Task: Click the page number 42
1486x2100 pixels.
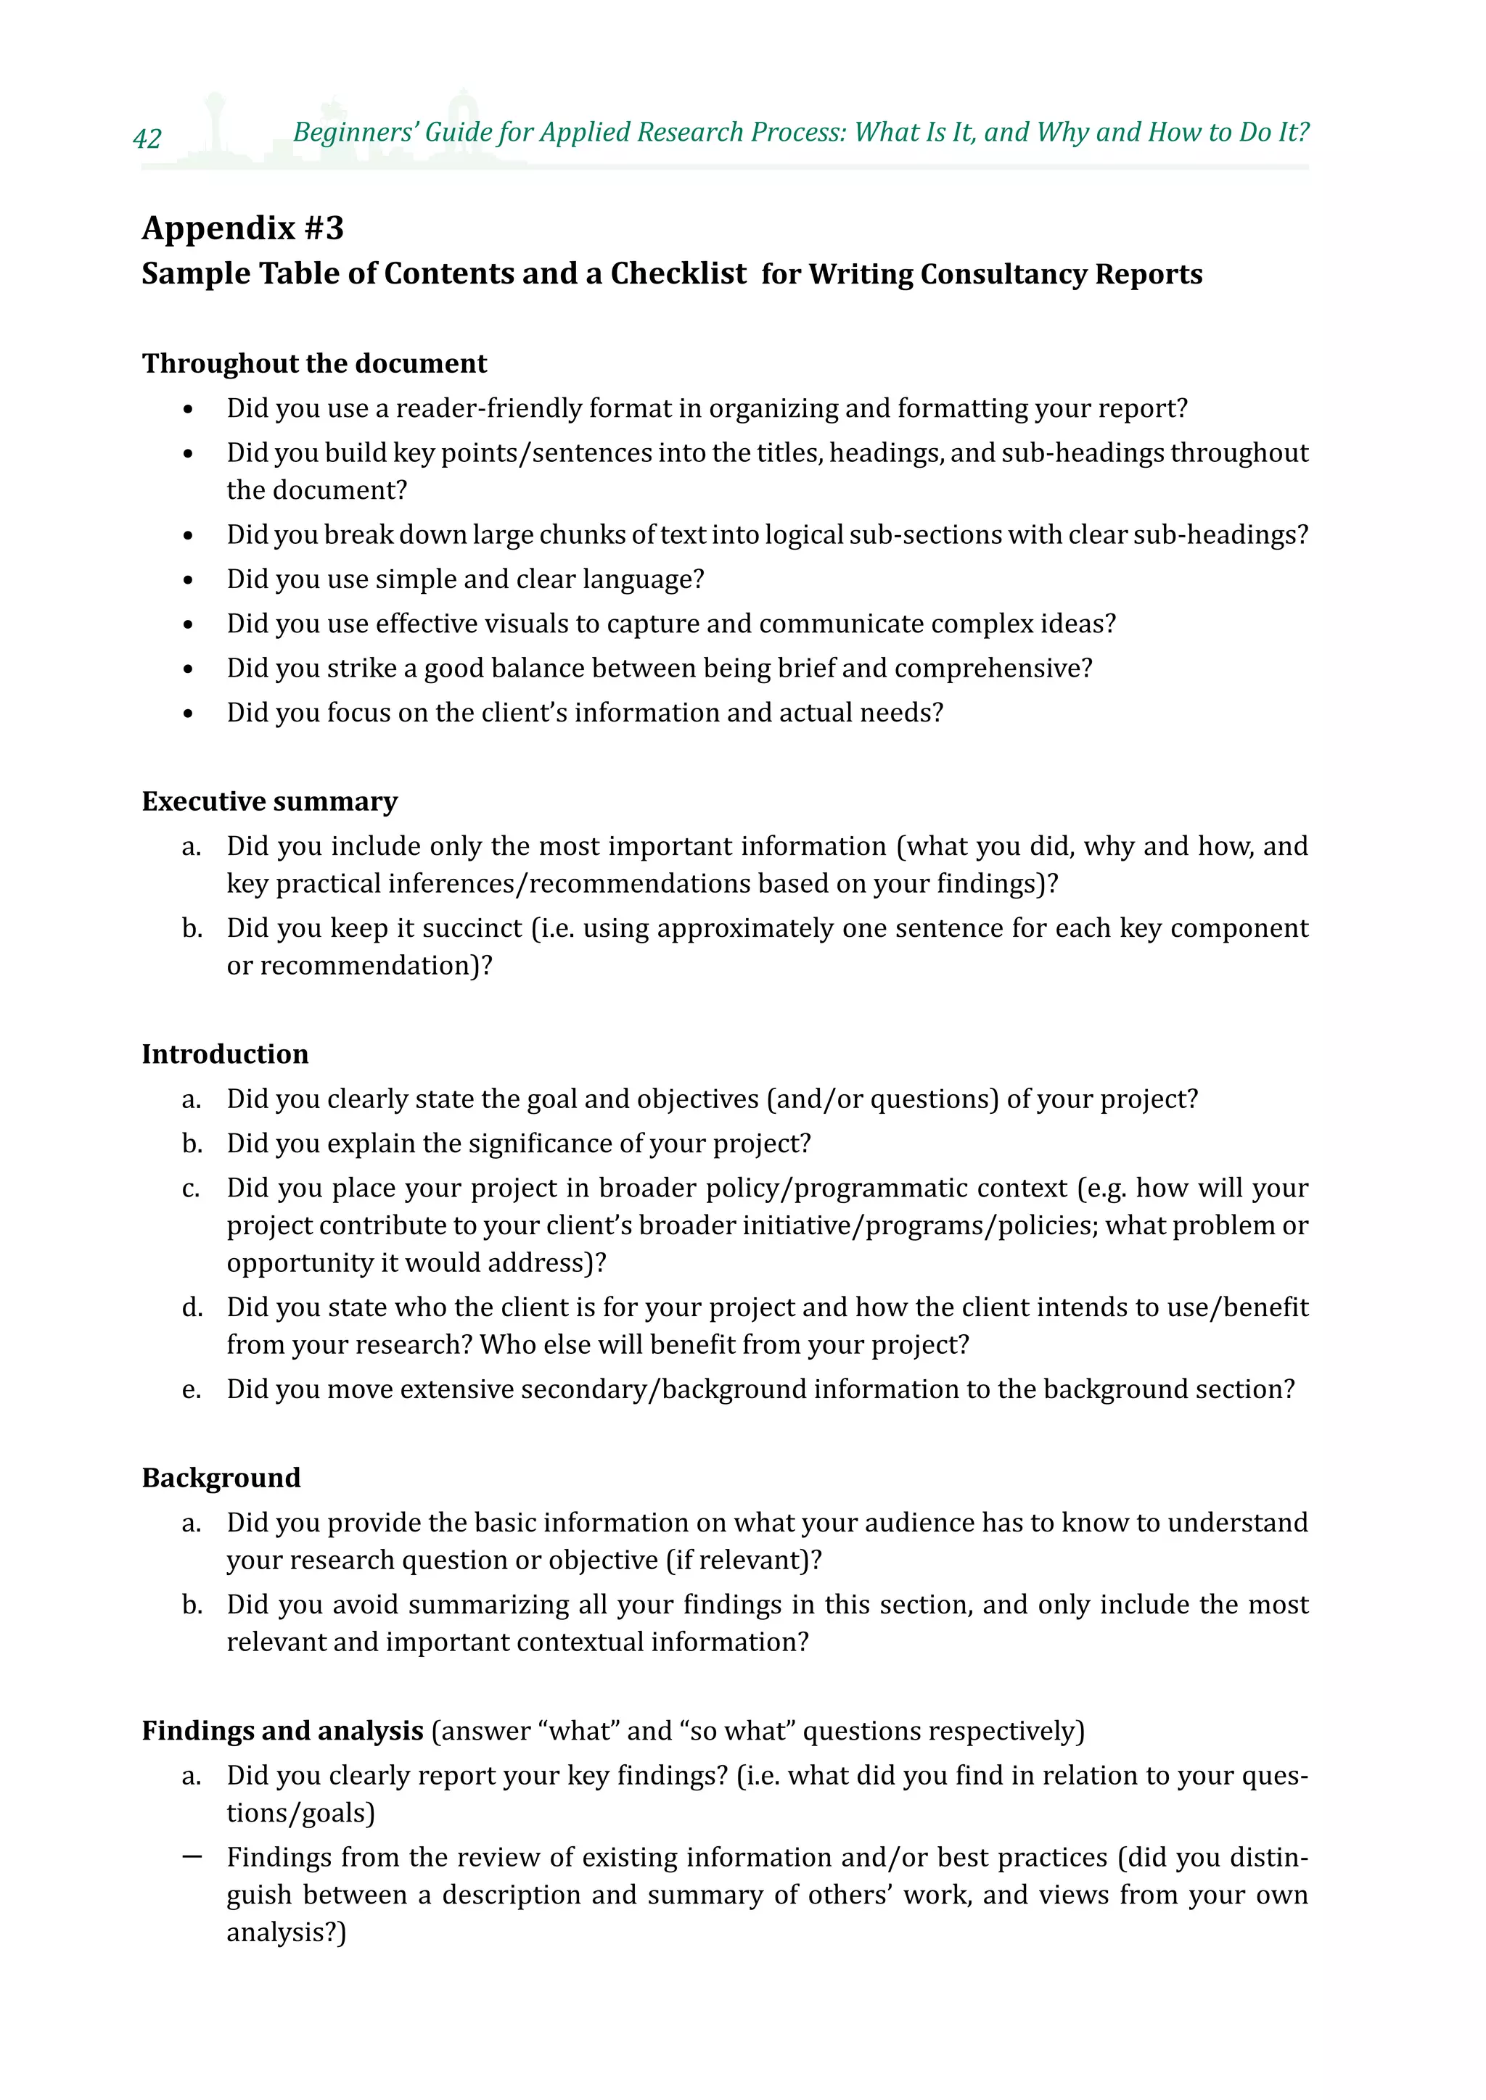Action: coord(147,138)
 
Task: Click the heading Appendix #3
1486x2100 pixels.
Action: coord(242,228)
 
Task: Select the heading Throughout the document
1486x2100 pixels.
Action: coord(314,363)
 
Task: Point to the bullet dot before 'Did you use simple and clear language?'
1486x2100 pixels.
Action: coord(188,581)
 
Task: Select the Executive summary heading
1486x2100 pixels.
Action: coord(269,801)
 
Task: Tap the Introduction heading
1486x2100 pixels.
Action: coord(225,1054)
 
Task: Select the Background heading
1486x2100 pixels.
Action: coord(221,1477)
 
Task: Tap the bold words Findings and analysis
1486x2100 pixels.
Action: coord(282,1730)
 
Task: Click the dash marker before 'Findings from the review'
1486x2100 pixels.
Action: coord(192,1856)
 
